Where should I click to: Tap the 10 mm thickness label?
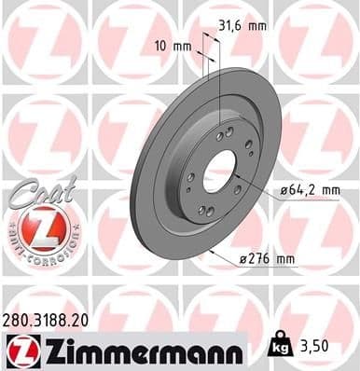click(x=169, y=46)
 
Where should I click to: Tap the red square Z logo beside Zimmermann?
click(x=18, y=350)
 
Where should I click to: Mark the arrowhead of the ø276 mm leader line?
click(x=212, y=247)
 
